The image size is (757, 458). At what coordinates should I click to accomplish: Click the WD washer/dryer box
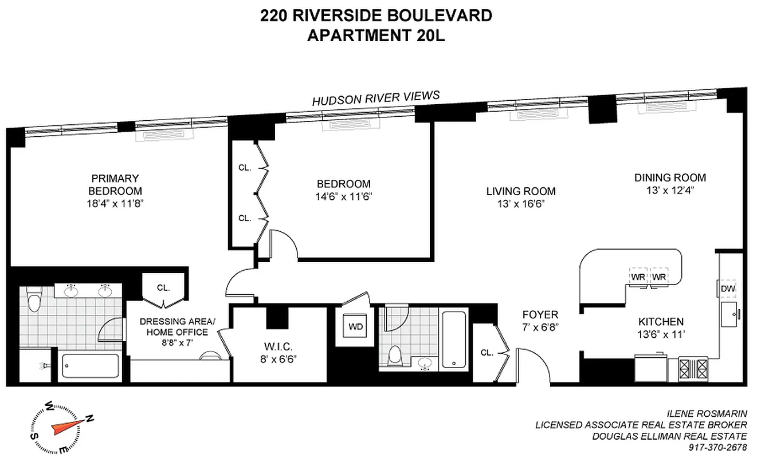[355, 327]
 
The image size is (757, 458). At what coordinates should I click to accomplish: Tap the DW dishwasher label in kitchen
[728, 289]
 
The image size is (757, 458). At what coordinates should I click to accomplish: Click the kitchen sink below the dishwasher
[729, 314]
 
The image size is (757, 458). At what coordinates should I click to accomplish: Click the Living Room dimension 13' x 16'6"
[521, 204]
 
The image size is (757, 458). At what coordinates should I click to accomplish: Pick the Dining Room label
[670, 177]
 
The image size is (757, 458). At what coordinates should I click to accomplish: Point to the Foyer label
[540, 315]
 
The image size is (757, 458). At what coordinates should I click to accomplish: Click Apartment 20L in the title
[376, 35]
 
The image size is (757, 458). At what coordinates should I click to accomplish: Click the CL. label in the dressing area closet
[163, 288]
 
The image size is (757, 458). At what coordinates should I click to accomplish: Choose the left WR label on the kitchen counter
[638, 277]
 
